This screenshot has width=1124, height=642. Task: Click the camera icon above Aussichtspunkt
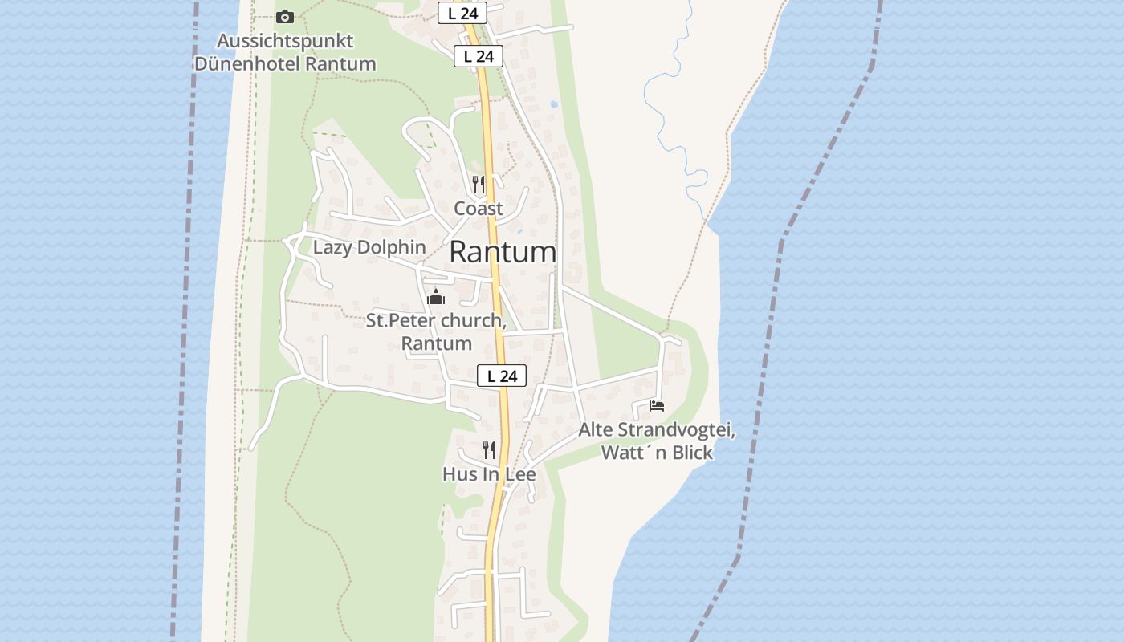point(285,17)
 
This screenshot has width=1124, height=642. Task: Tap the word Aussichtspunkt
point(285,40)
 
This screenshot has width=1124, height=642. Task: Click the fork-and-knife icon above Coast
point(479,185)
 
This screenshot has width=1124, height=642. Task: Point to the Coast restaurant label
point(479,209)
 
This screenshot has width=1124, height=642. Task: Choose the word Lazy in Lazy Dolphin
point(332,247)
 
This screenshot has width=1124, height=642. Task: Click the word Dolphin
point(391,247)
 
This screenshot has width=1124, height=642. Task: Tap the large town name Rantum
point(503,253)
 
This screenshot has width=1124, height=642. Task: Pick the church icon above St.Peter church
point(436,297)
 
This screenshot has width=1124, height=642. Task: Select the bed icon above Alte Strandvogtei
point(657,406)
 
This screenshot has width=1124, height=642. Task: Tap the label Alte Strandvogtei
point(657,430)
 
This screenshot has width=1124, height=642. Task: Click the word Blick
point(691,453)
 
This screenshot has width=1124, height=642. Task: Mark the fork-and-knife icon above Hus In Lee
point(489,449)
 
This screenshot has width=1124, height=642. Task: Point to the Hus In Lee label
point(489,474)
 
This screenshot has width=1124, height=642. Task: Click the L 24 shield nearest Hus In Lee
point(502,376)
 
